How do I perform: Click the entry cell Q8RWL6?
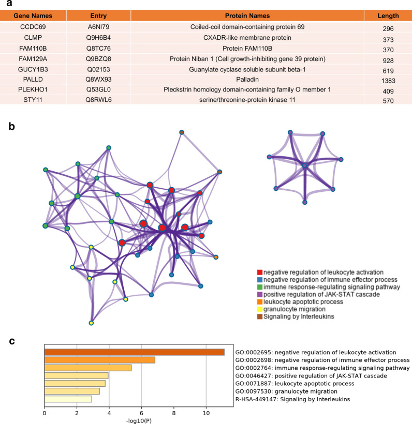point(98,100)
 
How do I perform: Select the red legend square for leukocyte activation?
point(260,272)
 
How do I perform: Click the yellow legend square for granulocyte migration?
point(260,309)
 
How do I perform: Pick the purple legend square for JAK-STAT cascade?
point(260,294)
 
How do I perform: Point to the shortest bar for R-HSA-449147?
point(68,399)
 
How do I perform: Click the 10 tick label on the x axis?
point(207,414)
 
